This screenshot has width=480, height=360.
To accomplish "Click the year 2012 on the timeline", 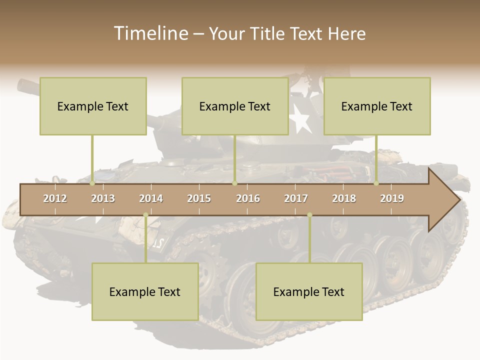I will coord(55,198).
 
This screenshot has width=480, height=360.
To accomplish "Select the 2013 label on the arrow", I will coord(103,198).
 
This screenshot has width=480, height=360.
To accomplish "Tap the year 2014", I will coord(151,198).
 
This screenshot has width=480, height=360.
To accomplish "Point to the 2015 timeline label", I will coord(199,198).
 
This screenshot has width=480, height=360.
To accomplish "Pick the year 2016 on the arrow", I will coord(248,198).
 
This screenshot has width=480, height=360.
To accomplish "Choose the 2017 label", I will coord(296,198).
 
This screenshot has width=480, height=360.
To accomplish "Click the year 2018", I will coord(344,198).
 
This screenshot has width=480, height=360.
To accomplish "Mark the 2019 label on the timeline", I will coord(392,198).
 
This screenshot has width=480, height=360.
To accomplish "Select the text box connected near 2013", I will coord(93,106).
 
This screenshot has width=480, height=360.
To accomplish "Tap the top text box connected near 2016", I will coord(235,106).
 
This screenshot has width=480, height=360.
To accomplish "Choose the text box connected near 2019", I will coord(377,106).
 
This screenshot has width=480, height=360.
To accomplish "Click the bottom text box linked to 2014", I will coord(145,291).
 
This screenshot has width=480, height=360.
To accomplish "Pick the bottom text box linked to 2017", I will coord(309,291).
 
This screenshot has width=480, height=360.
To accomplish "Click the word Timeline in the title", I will coord(150,33).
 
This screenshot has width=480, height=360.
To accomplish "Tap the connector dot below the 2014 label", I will coord(145,215).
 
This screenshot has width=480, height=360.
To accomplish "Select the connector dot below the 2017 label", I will coord(309,215).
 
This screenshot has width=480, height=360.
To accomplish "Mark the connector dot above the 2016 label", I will coord(235,183).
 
